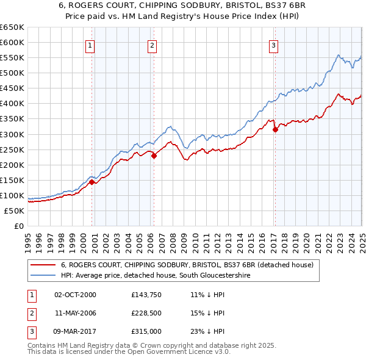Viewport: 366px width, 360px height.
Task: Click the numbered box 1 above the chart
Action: click(x=90, y=45)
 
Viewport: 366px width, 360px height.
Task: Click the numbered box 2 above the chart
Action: click(x=151, y=45)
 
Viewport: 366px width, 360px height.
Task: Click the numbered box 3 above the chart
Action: click(x=274, y=45)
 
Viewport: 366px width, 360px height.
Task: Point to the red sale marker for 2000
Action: click(x=92, y=182)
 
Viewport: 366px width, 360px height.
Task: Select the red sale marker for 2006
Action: click(x=154, y=156)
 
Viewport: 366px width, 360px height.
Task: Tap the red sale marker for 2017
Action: click(x=275, y=129)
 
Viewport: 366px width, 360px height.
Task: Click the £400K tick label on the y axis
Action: click(x=13, y=104)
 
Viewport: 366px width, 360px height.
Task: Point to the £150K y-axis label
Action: click(x=13, y=180)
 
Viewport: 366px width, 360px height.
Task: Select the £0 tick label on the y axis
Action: click(x=19, y=226)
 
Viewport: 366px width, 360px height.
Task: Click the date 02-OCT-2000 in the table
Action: click(x=76, y=295)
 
